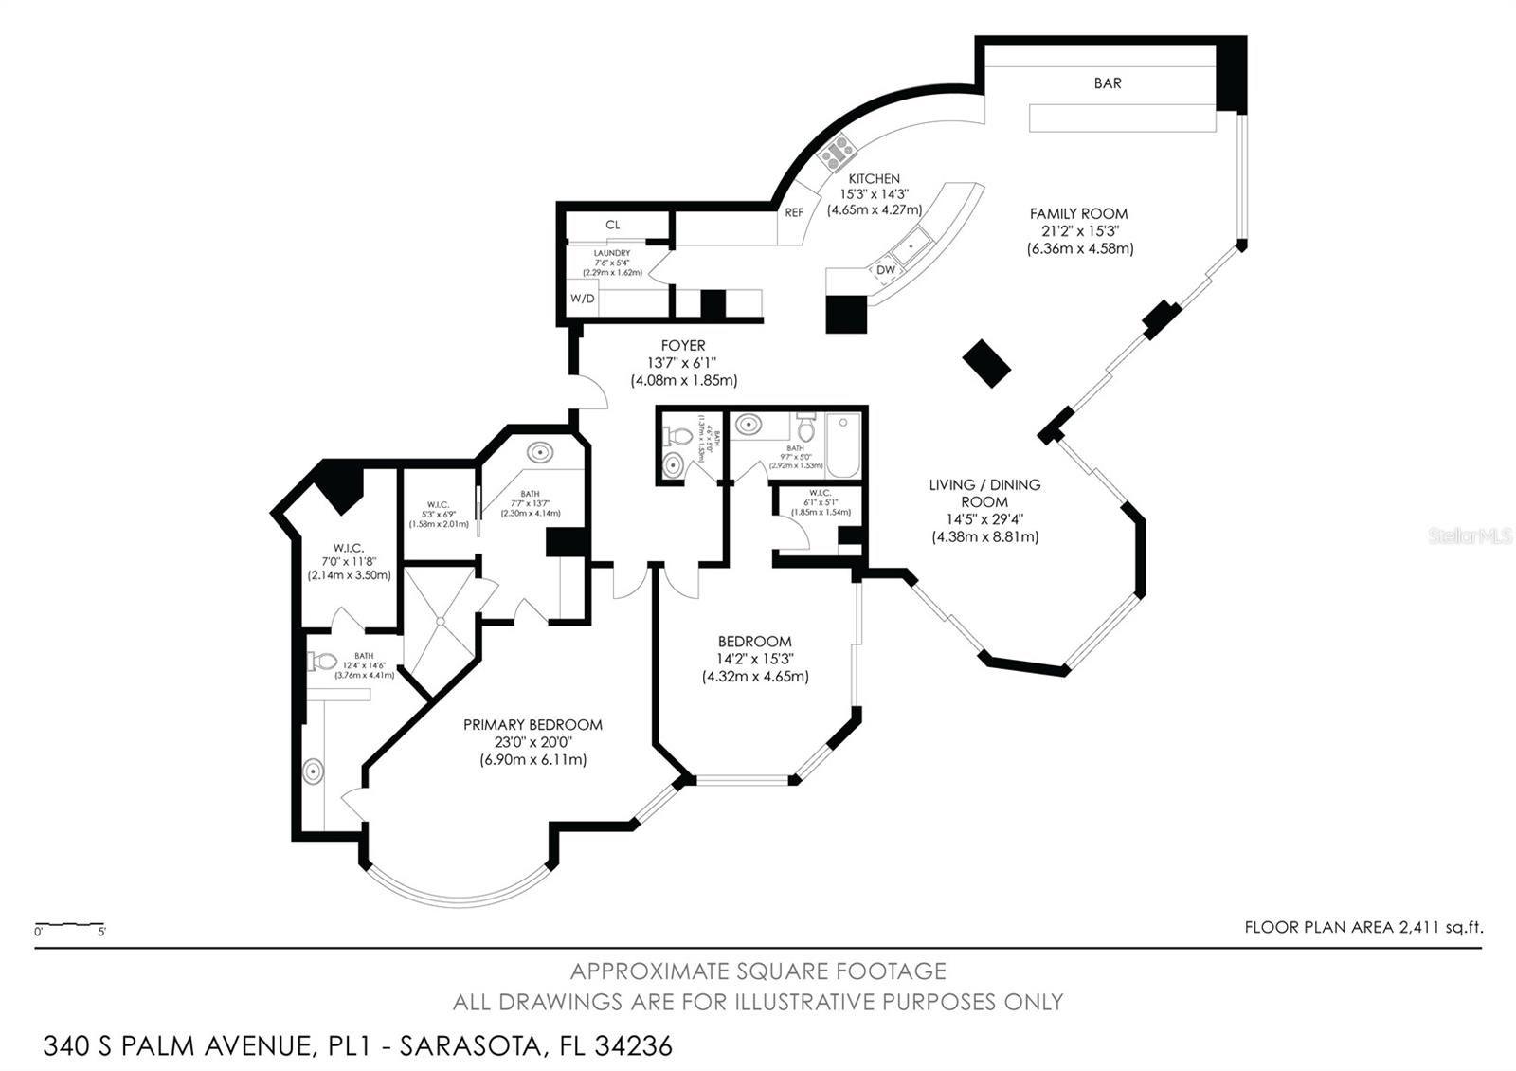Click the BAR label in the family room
(1107, 83)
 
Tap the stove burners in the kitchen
(839, 153)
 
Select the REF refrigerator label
(794, 213)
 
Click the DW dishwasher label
(885, 270)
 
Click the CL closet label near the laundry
(612, 225)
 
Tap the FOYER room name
(683, 346)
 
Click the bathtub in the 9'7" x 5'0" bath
(842, 445)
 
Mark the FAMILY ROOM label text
(1078, 214)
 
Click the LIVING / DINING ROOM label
(984, 493)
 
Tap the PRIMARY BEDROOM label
(532, 725)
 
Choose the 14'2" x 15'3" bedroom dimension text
(754, 660)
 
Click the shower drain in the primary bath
(441, 622)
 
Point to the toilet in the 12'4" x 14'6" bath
(322, 662)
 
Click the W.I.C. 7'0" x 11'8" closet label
(349, 548)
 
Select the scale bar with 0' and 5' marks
(69, 925)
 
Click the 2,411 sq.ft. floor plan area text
(1440, 928)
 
